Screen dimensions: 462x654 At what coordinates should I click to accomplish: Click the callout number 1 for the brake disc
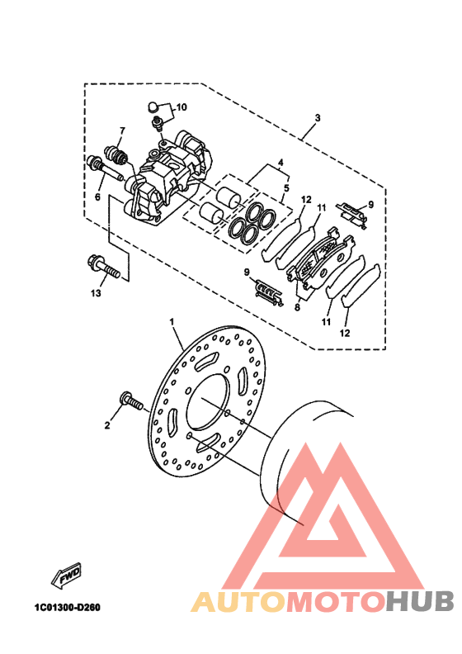click(x=172, y=322)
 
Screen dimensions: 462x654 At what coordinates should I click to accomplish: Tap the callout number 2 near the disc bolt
click(x=107, y=425)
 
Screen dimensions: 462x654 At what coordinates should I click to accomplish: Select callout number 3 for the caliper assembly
click(x=318, y=118)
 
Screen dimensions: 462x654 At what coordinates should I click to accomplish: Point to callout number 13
click(x=96, y=293)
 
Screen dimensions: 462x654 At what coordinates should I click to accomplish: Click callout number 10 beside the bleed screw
click(x=181, y=107)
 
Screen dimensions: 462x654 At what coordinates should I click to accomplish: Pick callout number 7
click(x=122, y=131)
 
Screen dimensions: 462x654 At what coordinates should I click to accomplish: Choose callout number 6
click(x=97, y=197)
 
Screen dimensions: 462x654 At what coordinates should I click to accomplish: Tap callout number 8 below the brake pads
click(x=297, y=308)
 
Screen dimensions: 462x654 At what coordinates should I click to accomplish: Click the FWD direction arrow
click(x=66, y=576)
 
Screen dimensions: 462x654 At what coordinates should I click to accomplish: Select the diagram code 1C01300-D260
click(x=67, y=607)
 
